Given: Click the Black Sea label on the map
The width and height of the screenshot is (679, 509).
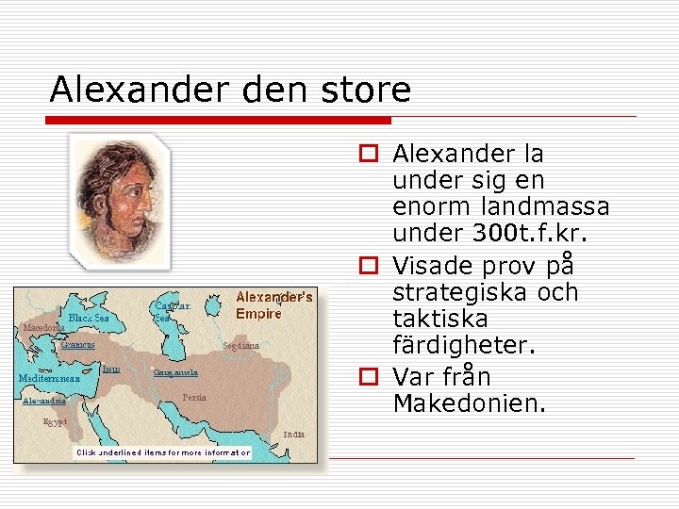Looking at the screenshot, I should (89, 319).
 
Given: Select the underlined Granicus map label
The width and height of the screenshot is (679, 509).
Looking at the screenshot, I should (77, 345).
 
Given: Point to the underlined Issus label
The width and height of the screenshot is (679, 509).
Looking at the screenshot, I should (111, 369).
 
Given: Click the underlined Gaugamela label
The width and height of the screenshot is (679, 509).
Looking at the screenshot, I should (175, 372).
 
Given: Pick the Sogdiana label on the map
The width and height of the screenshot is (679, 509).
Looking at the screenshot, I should (240, 346).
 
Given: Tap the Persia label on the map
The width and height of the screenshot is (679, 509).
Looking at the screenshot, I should (196, 398).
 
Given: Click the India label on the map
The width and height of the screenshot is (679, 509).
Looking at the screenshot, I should (293, 435).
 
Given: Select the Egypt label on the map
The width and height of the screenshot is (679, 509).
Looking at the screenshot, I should (56, 422).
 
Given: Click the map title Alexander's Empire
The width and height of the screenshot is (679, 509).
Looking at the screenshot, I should (273, 305).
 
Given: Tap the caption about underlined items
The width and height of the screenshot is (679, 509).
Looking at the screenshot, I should (164, 452).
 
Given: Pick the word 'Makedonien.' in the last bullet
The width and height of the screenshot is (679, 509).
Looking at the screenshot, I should (469, 404).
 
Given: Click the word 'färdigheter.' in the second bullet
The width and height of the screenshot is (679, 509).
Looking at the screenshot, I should (464, 345).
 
